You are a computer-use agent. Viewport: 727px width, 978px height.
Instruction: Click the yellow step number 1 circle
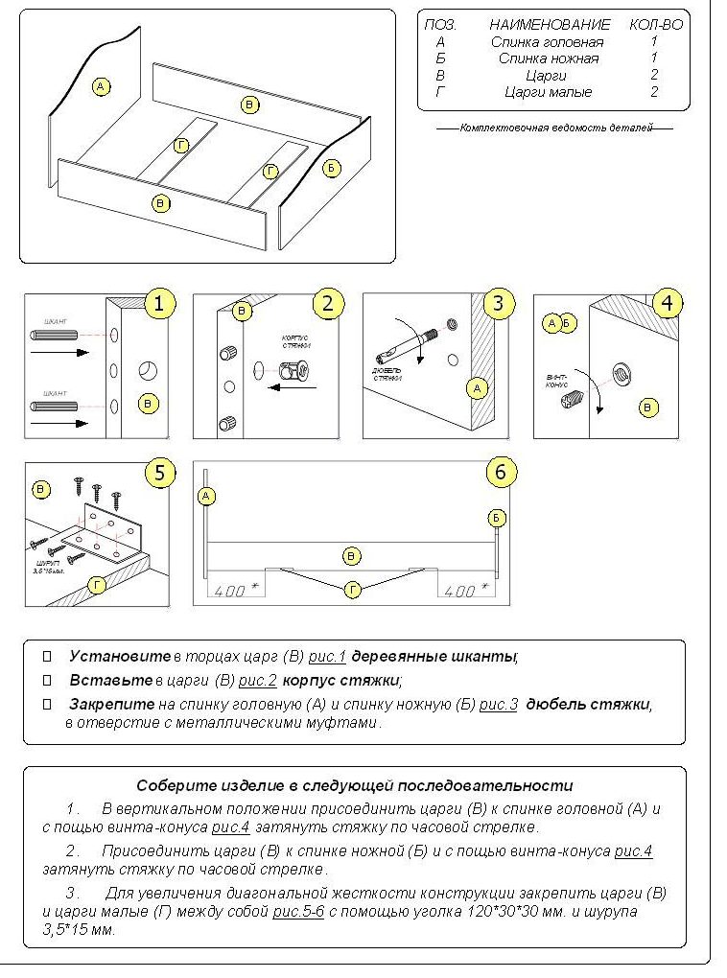159,305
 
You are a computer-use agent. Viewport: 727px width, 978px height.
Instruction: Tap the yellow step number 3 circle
497,305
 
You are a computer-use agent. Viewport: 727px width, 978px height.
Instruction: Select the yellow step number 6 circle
501,472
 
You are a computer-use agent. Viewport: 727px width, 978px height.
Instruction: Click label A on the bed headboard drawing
101,87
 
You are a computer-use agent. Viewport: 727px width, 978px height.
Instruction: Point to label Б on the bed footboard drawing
331,168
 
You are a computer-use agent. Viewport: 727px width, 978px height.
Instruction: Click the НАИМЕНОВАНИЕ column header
549,25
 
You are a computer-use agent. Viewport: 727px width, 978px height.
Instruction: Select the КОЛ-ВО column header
655,25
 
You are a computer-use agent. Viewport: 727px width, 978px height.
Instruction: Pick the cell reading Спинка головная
547,42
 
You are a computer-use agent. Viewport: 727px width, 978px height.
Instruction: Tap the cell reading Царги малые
548,92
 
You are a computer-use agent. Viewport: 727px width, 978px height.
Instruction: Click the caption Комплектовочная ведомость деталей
554,128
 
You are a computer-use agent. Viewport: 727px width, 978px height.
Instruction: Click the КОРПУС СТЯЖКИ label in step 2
296,343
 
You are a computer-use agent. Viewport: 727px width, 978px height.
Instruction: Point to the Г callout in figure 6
352,590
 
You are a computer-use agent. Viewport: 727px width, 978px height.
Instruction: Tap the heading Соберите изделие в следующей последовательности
354,784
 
